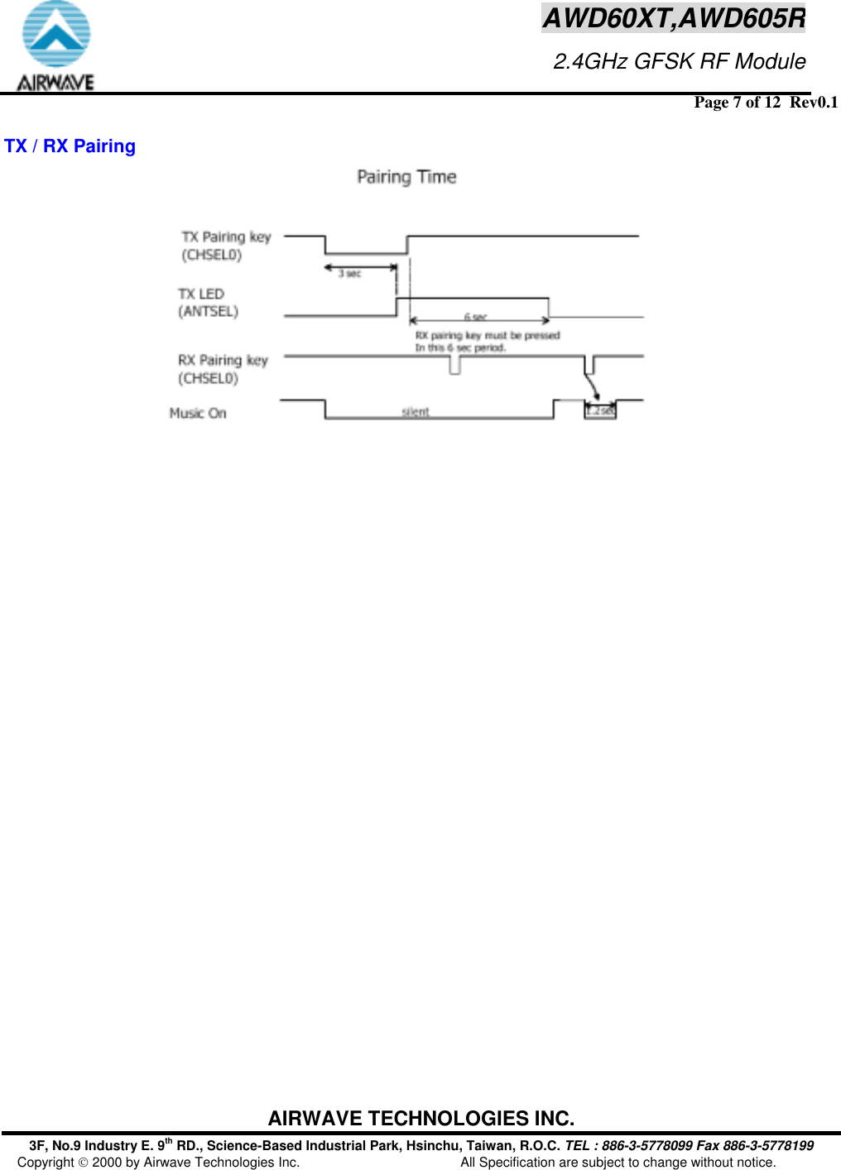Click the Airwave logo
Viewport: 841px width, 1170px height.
[x=55, y=46]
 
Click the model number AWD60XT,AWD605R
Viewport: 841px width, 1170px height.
[x=673, y=17]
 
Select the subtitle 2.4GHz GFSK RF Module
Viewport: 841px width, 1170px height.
[x=679, y=61]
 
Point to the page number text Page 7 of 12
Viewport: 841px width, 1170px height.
[x=737, y=103]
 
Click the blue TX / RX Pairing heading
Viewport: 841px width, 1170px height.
[x=70, y=146]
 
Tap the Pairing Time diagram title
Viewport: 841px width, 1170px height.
[x=406, y=177]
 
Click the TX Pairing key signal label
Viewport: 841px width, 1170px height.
[x=226, y=237]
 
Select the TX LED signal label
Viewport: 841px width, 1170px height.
[x=201, y=294]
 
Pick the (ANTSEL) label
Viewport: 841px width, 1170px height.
[x=209, y=312]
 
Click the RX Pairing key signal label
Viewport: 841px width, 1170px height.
[x=223, y=361]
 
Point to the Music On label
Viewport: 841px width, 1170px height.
[x=198, y=413]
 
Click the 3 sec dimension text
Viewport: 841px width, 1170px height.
[x=350, y=274]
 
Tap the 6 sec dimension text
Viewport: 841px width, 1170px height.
[x=475, y=317]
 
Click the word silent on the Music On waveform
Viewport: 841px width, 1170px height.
[x=416, y=411]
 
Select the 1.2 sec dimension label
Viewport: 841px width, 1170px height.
[x=601, y=410]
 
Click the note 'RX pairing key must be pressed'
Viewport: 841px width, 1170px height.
[x=488, y=335]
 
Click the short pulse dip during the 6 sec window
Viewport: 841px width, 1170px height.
[x=454, y=366]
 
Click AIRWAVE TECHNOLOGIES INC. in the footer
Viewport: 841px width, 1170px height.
[x=420, y=1119]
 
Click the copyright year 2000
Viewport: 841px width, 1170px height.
[x=107, y=1163]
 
